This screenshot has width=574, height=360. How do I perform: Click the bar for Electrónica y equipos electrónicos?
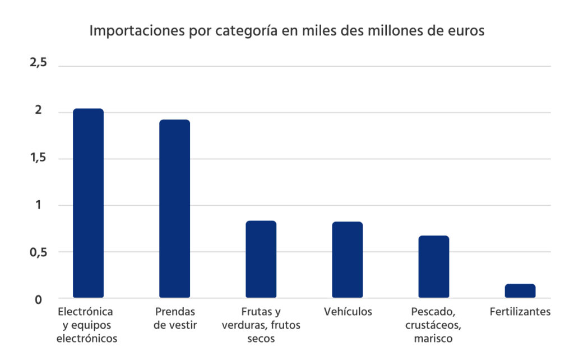click(88, 203)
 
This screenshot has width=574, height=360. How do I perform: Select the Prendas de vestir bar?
click(174, 209)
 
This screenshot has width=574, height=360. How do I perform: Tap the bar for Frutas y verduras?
click(261, 259)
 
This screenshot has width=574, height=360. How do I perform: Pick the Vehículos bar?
click(347, 260)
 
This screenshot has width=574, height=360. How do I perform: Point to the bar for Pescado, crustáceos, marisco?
click(433, 266)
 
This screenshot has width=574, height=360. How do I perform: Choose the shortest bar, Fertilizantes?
click(520, 290)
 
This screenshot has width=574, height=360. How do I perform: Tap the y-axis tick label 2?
click(38, 110)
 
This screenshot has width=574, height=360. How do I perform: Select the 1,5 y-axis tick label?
click(38, 158)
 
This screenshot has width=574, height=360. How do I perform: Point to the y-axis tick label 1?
click(38, 205)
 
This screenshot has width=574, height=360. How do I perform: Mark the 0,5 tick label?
click(38, 252)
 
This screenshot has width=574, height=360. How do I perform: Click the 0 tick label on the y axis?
click(38, 299)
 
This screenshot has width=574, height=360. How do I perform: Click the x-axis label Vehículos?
click(348, 312)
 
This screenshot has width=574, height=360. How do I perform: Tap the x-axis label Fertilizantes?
click(520, 312)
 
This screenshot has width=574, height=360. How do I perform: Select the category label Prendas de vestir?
click(175, 318)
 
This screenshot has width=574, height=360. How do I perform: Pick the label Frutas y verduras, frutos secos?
click(261, 325)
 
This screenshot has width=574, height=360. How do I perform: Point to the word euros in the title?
click(464, 31)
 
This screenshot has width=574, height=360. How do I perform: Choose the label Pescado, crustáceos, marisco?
click(434, 325)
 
